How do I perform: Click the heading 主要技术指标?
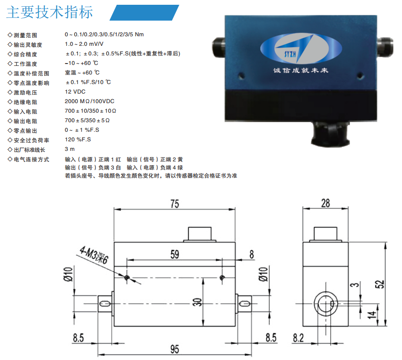(x=50, y=12)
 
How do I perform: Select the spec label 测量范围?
(x=25, y=35)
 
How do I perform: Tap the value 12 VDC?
(x=75, y=92)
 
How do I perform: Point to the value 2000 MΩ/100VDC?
(x=90, y=101)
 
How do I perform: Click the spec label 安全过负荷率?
(x=31, y=140)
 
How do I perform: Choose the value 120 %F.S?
(x=78, y=139)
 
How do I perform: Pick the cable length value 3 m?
(x=70, y=149)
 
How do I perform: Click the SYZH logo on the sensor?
(x=301, y=48)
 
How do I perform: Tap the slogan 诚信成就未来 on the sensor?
(x=300, y=70)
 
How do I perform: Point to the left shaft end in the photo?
(x=218, y=47)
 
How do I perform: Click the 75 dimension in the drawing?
(x=175, y=204)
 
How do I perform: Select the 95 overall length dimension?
(x=175, y=349)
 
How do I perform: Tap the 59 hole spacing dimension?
(x=175, y=254)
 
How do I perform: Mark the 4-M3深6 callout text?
(x=94, y=255)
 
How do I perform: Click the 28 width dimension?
(x=326, y=203)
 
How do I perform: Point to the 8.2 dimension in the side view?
(x=299, y=338)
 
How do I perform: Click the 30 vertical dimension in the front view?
(x=197, y=302)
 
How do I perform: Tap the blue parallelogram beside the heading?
(x=144, y=12)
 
